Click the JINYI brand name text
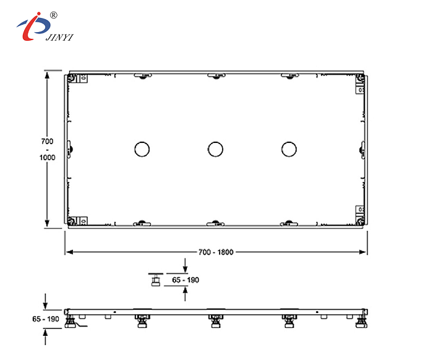click(59, 37)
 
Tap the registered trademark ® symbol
click(53, 14)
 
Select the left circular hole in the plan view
click(142, 149)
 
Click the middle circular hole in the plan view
click(215, 149)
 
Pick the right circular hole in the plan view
click(288, 149)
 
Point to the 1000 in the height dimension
click(47, 157)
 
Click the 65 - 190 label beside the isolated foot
click(184, 280)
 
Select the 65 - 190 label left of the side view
click(45, 319)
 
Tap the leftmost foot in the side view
click(72, 322)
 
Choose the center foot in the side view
click(215, 321)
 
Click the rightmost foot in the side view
click(359, 321)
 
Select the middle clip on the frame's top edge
click(215, 76)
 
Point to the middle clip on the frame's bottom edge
click(215, 223)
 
